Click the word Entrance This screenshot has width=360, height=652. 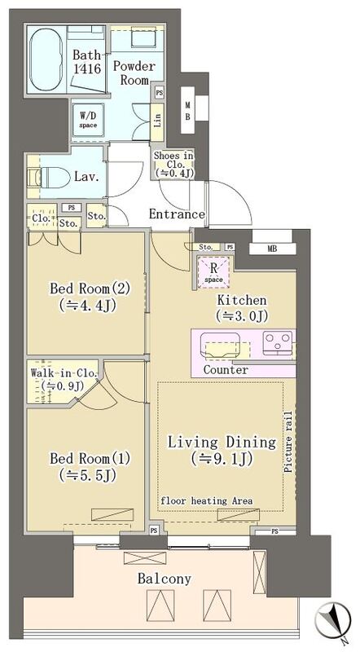(x=176, y=215)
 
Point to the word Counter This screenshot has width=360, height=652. (x=226, y=370)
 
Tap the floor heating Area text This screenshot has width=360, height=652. (x=205, y=500)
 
